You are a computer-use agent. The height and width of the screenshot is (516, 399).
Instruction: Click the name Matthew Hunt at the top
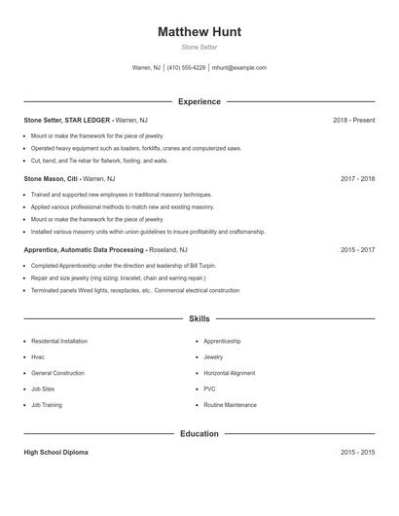(199, 31)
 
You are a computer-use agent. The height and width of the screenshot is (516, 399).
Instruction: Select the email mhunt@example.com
(239, 68)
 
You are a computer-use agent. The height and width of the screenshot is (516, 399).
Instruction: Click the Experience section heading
(199, 101)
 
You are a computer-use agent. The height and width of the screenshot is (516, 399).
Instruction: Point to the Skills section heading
(199, 318)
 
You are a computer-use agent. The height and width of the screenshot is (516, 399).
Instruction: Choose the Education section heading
(199, 433)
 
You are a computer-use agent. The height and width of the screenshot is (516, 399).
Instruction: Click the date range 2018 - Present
(353, 120)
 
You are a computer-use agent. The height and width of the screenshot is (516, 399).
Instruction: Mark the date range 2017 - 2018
(358, 179)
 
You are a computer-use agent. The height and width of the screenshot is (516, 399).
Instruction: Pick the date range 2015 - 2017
(358, 249)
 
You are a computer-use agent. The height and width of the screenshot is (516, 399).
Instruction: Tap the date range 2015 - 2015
(358, 453)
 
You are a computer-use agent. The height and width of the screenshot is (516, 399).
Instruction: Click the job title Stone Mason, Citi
(51, 179)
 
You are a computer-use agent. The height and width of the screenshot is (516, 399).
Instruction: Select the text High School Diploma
(56, 453)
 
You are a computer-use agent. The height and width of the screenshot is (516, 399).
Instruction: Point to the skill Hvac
(39, 357)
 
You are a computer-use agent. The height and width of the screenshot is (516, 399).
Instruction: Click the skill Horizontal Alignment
(230, 373)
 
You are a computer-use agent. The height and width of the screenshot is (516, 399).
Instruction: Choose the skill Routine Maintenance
(231, 404)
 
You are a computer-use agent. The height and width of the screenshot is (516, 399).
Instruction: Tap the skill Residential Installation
(59, 341)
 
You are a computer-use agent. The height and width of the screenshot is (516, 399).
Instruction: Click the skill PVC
(209, 388)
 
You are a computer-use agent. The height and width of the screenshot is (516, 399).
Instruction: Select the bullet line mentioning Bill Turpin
(109, 265)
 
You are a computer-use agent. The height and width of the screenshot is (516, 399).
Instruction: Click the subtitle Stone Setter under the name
(199, 47)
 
